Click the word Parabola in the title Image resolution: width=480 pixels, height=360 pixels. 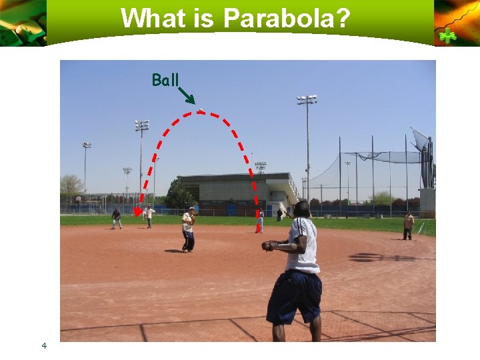(286, 18)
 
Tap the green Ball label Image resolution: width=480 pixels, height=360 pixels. (165, 81)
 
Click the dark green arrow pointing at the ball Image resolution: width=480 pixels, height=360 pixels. (187, 95)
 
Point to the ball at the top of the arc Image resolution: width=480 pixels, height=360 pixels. (201, 109)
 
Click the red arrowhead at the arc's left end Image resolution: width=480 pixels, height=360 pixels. (137, 213)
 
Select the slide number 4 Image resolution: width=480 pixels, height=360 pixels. (43, 345)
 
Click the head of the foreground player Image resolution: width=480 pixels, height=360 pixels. (301, 209)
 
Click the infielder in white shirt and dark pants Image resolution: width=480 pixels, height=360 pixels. (189, 229)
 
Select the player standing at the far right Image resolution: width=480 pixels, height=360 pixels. (408, 225)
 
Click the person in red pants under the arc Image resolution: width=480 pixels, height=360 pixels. (260, 221)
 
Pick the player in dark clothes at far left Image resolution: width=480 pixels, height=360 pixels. (117, 218)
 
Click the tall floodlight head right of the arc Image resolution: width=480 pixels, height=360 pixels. (307, 100)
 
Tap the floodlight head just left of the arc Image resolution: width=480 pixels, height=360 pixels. (141, 125)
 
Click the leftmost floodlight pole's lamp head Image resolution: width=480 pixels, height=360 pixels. (86, 145)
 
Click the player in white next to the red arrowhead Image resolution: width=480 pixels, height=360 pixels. (150, 216)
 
